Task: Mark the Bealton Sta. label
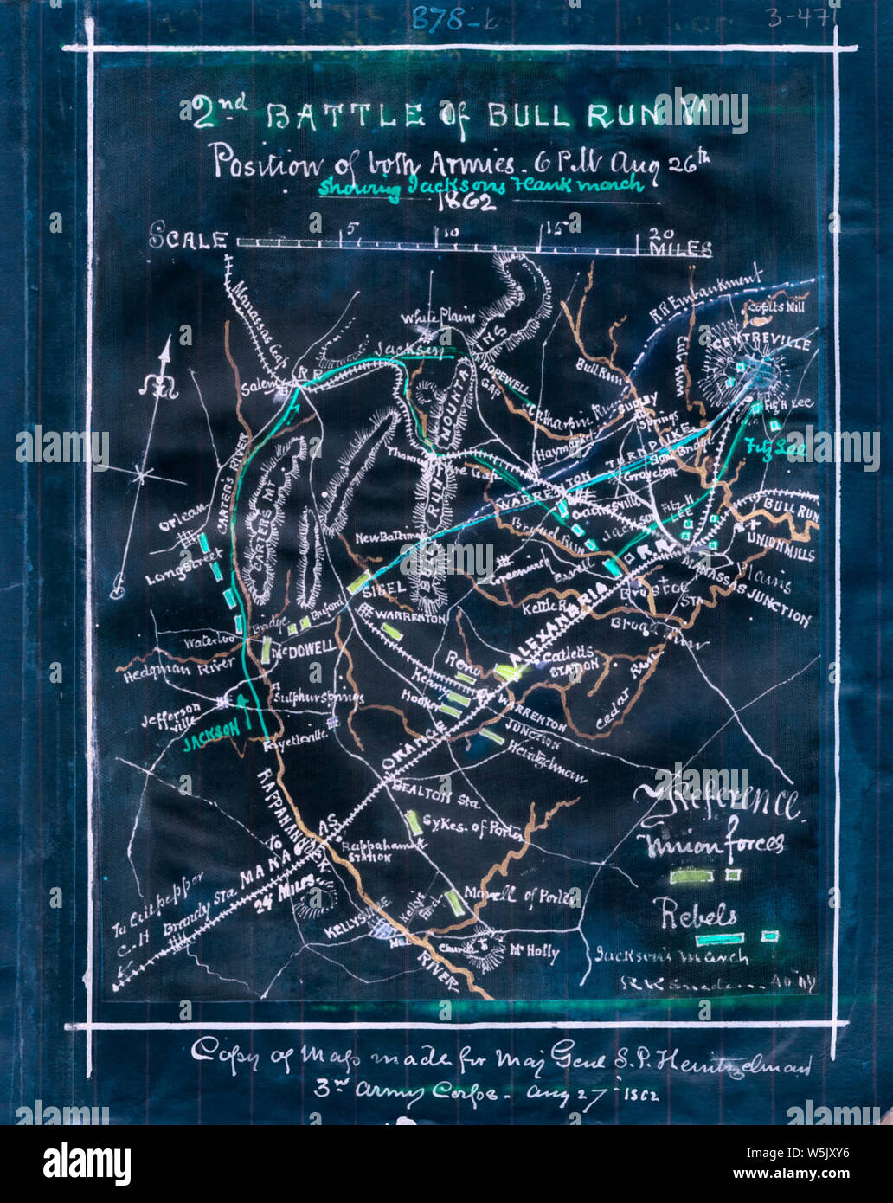tap(424, 790)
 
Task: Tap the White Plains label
tap(442, 318)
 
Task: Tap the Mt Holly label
tap(533, 952)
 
